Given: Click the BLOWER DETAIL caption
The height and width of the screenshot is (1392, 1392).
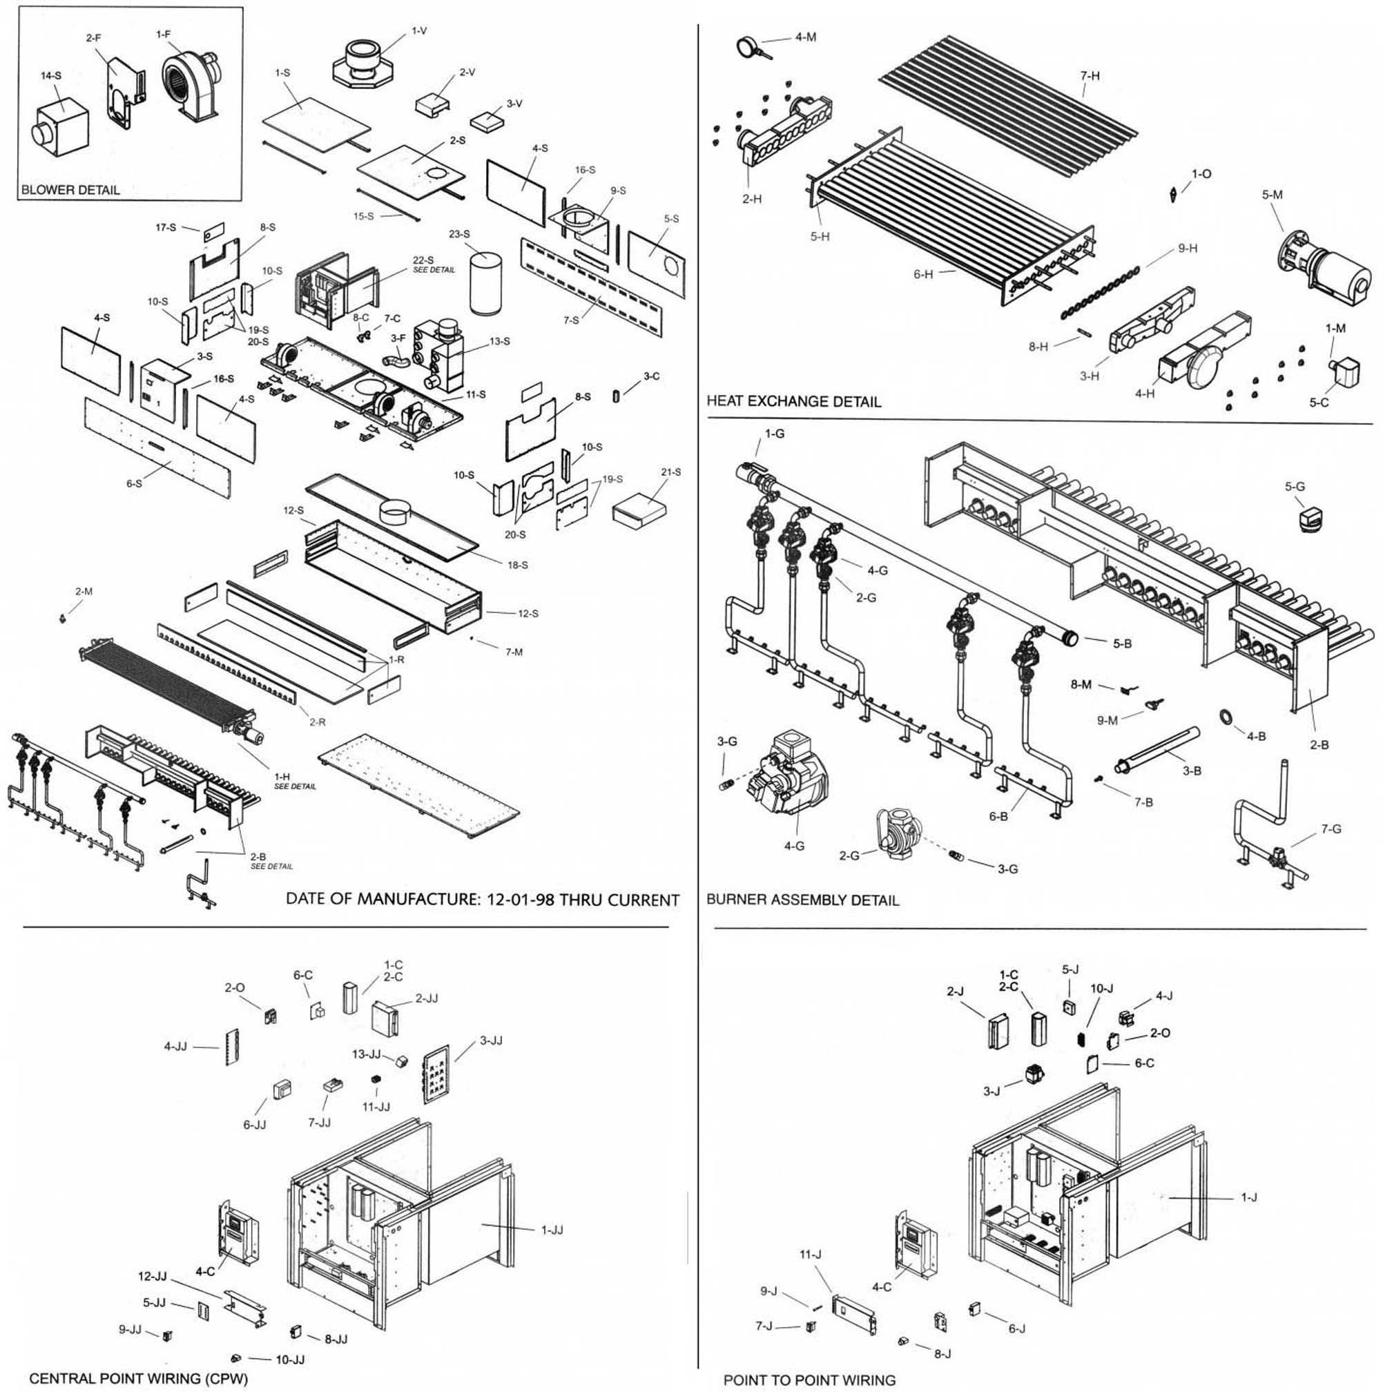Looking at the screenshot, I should [70, 190].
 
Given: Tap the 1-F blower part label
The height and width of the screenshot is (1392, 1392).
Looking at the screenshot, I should [163, 34].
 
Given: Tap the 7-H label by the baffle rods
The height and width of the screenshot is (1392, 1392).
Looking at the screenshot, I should [1090, 75].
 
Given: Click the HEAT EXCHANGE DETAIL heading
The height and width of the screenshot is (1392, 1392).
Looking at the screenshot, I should [793, 401].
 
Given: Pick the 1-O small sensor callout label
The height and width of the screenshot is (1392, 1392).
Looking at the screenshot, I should [1201, 173].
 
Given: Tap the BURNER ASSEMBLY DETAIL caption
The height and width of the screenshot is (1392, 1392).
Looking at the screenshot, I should [802, 900].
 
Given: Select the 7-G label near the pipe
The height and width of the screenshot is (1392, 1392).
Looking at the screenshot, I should [1331, 829].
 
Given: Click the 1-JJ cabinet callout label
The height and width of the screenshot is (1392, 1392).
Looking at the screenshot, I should [552, 1229].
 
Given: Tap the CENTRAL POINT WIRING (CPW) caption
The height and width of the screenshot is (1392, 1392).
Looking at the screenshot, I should [138, 1378].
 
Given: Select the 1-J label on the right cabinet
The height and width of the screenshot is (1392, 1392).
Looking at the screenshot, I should [1248, 1197].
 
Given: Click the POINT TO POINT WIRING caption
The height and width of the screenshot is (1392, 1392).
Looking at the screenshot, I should [809, 1380].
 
